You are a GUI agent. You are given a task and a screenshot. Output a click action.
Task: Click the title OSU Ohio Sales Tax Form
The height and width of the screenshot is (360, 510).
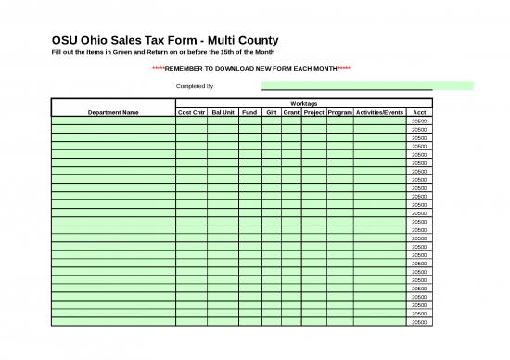click(x=159, y=41)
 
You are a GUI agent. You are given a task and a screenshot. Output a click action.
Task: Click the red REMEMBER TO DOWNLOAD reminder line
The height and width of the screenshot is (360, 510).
click(x=250, y=69)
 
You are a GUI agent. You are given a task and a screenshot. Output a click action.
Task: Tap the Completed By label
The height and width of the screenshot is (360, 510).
click(x=195, y=86)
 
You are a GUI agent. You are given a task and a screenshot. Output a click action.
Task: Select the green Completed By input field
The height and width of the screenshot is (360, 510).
click(x=367, y=85)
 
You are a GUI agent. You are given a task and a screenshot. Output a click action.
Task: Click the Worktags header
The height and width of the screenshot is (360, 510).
click(x=303, y=104)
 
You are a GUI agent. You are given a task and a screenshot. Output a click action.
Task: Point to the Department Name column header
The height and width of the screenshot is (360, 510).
click(x=113, y=112)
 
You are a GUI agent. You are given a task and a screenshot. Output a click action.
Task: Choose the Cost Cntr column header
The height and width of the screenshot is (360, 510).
click(x=191, y=112)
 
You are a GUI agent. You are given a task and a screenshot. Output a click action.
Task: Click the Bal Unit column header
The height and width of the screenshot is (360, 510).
click(x=223, y=112)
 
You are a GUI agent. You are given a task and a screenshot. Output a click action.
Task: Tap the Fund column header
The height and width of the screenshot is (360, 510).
click(x=249, y=112)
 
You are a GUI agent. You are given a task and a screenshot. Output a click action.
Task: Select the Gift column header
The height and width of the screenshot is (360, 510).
click(x=272, y=112)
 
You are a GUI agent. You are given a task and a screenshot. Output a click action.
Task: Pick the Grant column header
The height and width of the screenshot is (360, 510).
click(x=291, y=112)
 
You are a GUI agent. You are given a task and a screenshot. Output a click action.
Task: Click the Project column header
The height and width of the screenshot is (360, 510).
click(x=313, y=112)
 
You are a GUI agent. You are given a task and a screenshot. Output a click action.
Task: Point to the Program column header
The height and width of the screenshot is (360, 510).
click(x=339, y=112)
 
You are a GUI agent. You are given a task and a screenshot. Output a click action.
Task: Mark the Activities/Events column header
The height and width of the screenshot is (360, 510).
click(x=379, y=112)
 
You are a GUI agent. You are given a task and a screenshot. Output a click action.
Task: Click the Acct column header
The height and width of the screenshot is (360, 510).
click(x=419, y=112)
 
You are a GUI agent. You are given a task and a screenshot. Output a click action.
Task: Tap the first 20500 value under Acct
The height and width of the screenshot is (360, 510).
click(x=419, y=121)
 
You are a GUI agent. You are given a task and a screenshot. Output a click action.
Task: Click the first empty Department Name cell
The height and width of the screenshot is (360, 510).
click(x=113, y=121)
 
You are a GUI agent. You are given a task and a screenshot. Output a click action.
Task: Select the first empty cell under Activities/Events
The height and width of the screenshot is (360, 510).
click(x=379, y=121)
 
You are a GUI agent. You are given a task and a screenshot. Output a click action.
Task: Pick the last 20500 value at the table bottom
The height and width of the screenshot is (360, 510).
click(x=419, y=322)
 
